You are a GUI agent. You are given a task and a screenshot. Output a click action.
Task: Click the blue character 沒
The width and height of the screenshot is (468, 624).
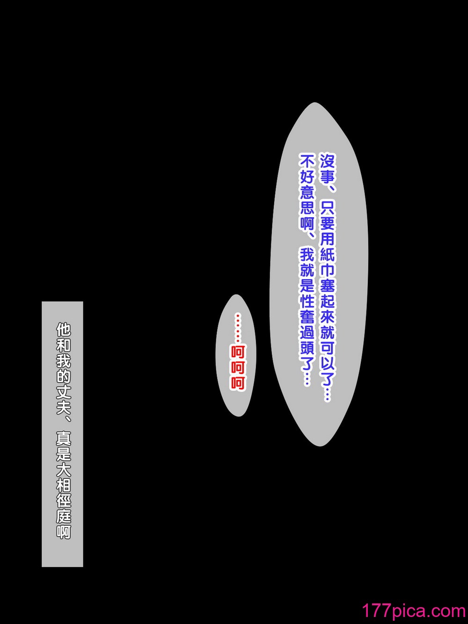click(327, 161)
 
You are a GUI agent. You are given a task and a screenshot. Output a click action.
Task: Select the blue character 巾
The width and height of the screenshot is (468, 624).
click(327, 269)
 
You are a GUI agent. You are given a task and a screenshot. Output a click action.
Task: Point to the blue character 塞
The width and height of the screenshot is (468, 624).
click(327, 284)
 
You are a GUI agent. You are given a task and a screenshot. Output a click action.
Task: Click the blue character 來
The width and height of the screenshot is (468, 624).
click(327, 316)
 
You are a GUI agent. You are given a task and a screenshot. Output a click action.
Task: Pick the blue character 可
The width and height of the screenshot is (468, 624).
click(327, 346)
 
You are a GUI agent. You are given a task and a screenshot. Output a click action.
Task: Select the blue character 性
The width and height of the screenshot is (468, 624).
click(307, 300)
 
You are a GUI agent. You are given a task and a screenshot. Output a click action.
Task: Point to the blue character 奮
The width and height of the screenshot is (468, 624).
click(307, 316)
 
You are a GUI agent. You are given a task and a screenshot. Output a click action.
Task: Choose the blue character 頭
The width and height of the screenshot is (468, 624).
click(307, 346)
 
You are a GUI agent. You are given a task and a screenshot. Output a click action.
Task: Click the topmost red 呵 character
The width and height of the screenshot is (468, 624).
click(238, 352)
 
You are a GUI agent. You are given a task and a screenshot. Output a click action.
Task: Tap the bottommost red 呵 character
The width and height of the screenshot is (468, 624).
click(238, 383)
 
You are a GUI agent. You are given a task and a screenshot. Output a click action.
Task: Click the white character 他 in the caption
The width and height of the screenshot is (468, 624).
click(63, 330)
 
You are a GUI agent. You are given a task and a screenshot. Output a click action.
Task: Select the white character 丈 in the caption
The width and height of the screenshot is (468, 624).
click(63, 391)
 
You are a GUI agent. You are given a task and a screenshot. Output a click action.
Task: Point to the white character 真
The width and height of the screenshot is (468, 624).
click(63, 438)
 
